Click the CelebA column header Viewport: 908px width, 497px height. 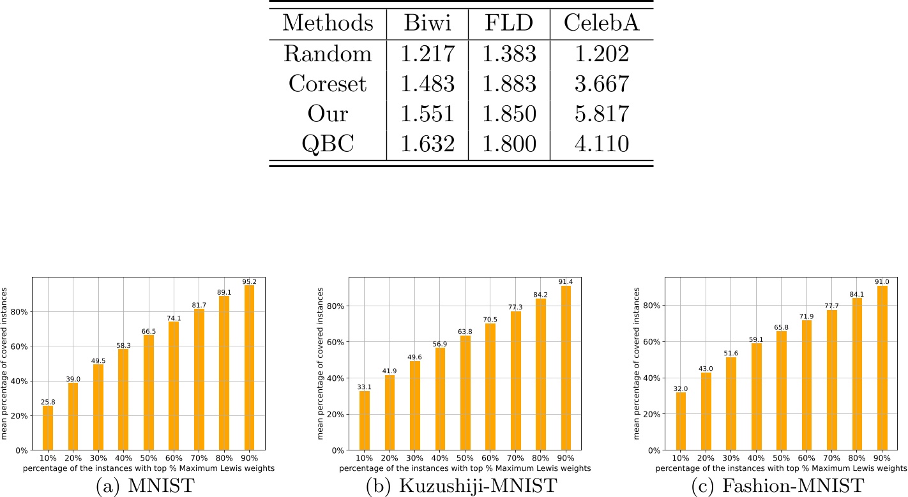click(x=602, y=24)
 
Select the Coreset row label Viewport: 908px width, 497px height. click(x=328, y=84)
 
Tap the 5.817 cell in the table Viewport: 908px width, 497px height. click(x=602, y=114)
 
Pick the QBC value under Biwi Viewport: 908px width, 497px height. click(x=427, y=144)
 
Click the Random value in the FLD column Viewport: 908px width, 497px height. click(x=509, y=54)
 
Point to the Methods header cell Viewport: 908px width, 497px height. click(x=328, y=24)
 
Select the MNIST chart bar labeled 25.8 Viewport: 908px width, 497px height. click(x=48, y=427)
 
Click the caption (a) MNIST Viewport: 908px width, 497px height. click(x=146, y=487)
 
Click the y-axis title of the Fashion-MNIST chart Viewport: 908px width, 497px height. click(x=638, y=364)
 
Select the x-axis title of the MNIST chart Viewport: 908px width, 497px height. click(x=149, y=469)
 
